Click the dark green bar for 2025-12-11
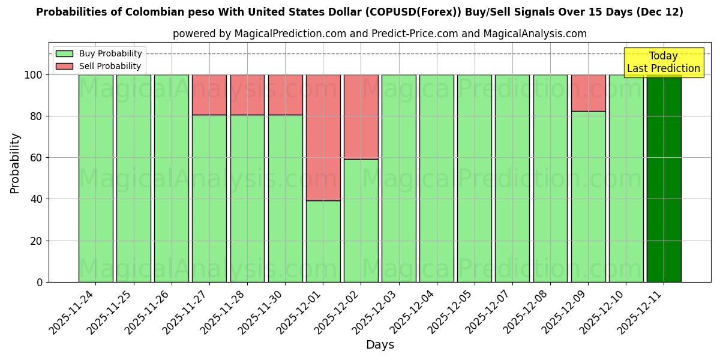664,178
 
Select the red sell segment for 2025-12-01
323,137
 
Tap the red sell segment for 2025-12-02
361,116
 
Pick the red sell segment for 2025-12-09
588,92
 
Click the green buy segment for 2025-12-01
323,241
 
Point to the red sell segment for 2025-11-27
209,94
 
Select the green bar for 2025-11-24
96,178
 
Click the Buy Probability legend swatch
64,54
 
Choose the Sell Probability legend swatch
64,67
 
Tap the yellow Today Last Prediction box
663,62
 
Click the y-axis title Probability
15,163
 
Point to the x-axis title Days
380,345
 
